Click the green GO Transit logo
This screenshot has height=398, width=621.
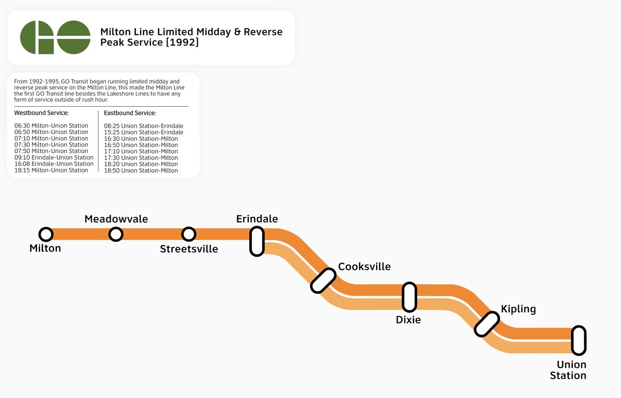(x=55, y=37)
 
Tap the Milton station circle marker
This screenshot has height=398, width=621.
(x=46, y=234)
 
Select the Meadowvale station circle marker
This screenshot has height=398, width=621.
(x=115, y=234)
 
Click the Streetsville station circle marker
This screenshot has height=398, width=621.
(x=188, y=234)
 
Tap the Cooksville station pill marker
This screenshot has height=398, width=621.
(x=323, y=281)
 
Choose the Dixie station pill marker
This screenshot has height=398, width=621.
(x=409, y=297)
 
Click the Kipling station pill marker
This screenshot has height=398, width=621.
(x=487, y=324)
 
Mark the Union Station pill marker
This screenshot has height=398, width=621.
(x=578, y=340)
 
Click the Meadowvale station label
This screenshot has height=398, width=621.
(x=116, y=219)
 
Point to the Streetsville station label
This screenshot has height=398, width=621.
(x=189, y=249)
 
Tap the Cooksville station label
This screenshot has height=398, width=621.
(x=364, y=266)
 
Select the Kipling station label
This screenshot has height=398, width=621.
(x=518, y=309)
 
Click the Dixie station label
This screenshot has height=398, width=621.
(x=408, y=320)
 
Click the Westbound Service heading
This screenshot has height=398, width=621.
(x=41, y=113)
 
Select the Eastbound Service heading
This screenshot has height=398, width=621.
(x=130, y=113)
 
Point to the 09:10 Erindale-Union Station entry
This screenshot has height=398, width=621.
(x=54, y=157)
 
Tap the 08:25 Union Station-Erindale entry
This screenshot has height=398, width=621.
(x=144, y=126)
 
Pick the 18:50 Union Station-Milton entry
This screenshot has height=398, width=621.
(x=141, y=170)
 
